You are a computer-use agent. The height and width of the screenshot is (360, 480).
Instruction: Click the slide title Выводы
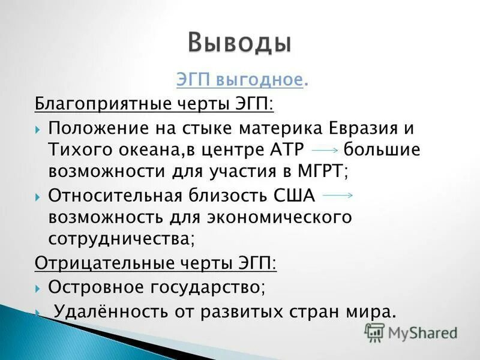tap(240, 44)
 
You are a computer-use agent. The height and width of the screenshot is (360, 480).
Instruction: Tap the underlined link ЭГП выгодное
tap(239, 79)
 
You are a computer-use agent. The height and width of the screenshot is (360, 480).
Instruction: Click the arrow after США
tap(338, 195)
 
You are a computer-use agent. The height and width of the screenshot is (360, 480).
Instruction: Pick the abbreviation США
tap(296, 195)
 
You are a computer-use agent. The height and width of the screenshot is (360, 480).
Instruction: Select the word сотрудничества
tap(120, 237)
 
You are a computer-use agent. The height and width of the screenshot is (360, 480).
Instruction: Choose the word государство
tap(210, 287)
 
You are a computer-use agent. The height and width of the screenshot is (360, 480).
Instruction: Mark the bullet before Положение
tap(38, 129)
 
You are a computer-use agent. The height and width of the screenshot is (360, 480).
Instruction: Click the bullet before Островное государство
tap(38, 287)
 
